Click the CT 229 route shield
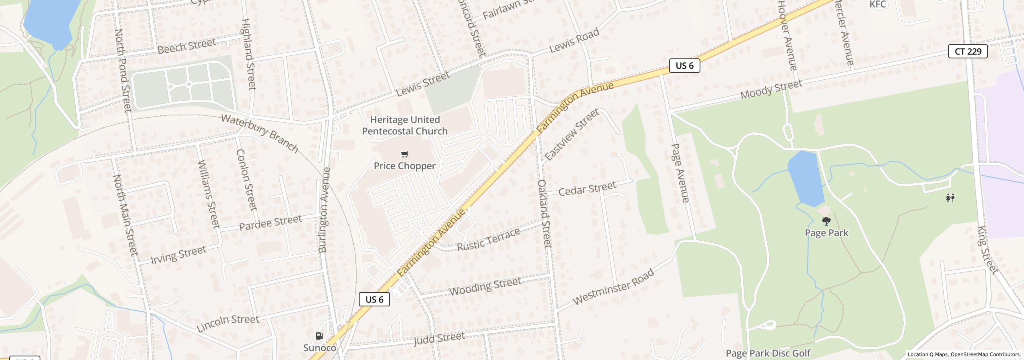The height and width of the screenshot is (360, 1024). click(968, 51)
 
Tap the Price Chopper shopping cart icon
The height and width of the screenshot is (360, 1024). click(404, 154)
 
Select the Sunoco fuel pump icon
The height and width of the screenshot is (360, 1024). click(319, 336)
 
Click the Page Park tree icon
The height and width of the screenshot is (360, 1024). click(826, 221)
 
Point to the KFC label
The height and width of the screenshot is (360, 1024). click(878, 4)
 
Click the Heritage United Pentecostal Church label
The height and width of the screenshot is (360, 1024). click(405, 125)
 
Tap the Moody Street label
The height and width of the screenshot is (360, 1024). click(771, 90)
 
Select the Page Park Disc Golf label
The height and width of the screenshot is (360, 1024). click(768, 353)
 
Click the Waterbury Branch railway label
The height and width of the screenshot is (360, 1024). click(260, 133)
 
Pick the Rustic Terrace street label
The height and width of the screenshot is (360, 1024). click(488, 239)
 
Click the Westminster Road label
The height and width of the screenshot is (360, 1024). click(613, 287)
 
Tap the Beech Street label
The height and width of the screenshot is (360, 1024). click(186, 46)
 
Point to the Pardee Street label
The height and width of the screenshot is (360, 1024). click(270, 223)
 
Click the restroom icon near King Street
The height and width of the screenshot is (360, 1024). click(950, 198)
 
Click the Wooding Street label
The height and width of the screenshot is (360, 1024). click(485, 286)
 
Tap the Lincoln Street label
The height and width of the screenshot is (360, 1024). click(228, 324)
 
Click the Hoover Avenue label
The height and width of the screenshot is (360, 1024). click(787, 35)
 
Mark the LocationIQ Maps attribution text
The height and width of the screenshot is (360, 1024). click(964, 354)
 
